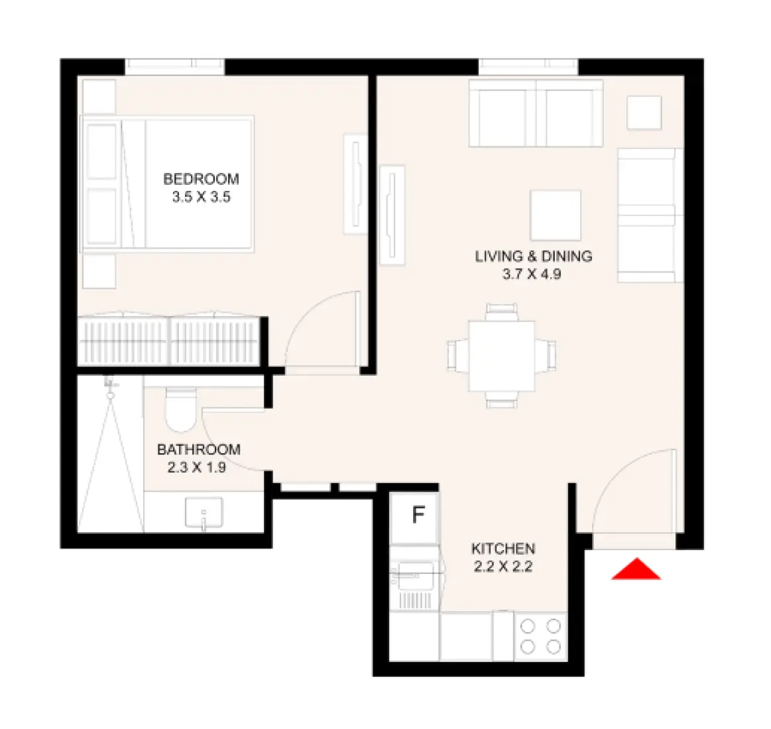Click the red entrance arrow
[x=636, y=570]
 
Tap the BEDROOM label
[x=201, y=179]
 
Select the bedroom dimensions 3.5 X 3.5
[x=201, y=197]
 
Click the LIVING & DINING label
[x=533, y=256]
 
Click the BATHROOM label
[x=198, y=449]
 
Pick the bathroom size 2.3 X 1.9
[x=196, y=467]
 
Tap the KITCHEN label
[x=503, y=549]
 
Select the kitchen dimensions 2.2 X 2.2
[x=503, y=567]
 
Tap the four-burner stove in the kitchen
[x=540, y=636]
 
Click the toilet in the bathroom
[x=179, y=408]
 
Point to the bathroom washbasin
[x=204, y=513]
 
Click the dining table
[x=501, y=356]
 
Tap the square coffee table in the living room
[x=556, y=215]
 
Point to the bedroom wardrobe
[x=170, y=339]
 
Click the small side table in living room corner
[x=644, y=113]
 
